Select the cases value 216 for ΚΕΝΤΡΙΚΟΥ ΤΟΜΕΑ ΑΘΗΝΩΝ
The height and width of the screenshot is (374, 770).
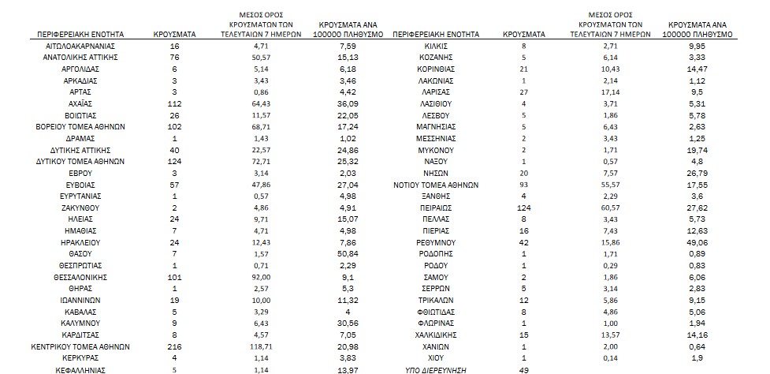(x=175, y=346)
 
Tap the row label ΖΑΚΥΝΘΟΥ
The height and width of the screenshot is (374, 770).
(x=77, y=208)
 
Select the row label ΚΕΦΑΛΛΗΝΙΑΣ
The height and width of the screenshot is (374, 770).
(x=77, y=369)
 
